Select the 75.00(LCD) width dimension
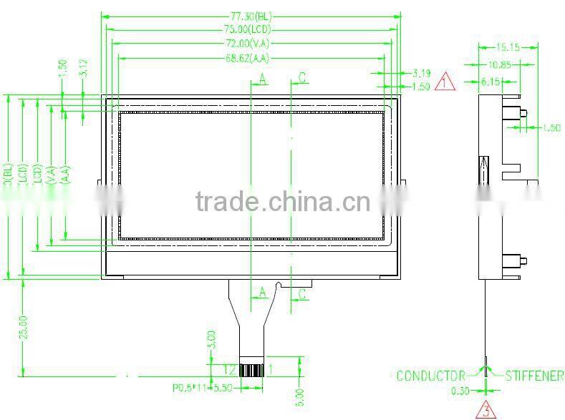249,29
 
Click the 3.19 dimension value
422,72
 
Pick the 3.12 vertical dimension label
84,69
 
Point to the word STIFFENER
535,376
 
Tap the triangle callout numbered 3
486,411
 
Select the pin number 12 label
229,369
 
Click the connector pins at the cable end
251,370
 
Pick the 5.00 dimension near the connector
300,394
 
